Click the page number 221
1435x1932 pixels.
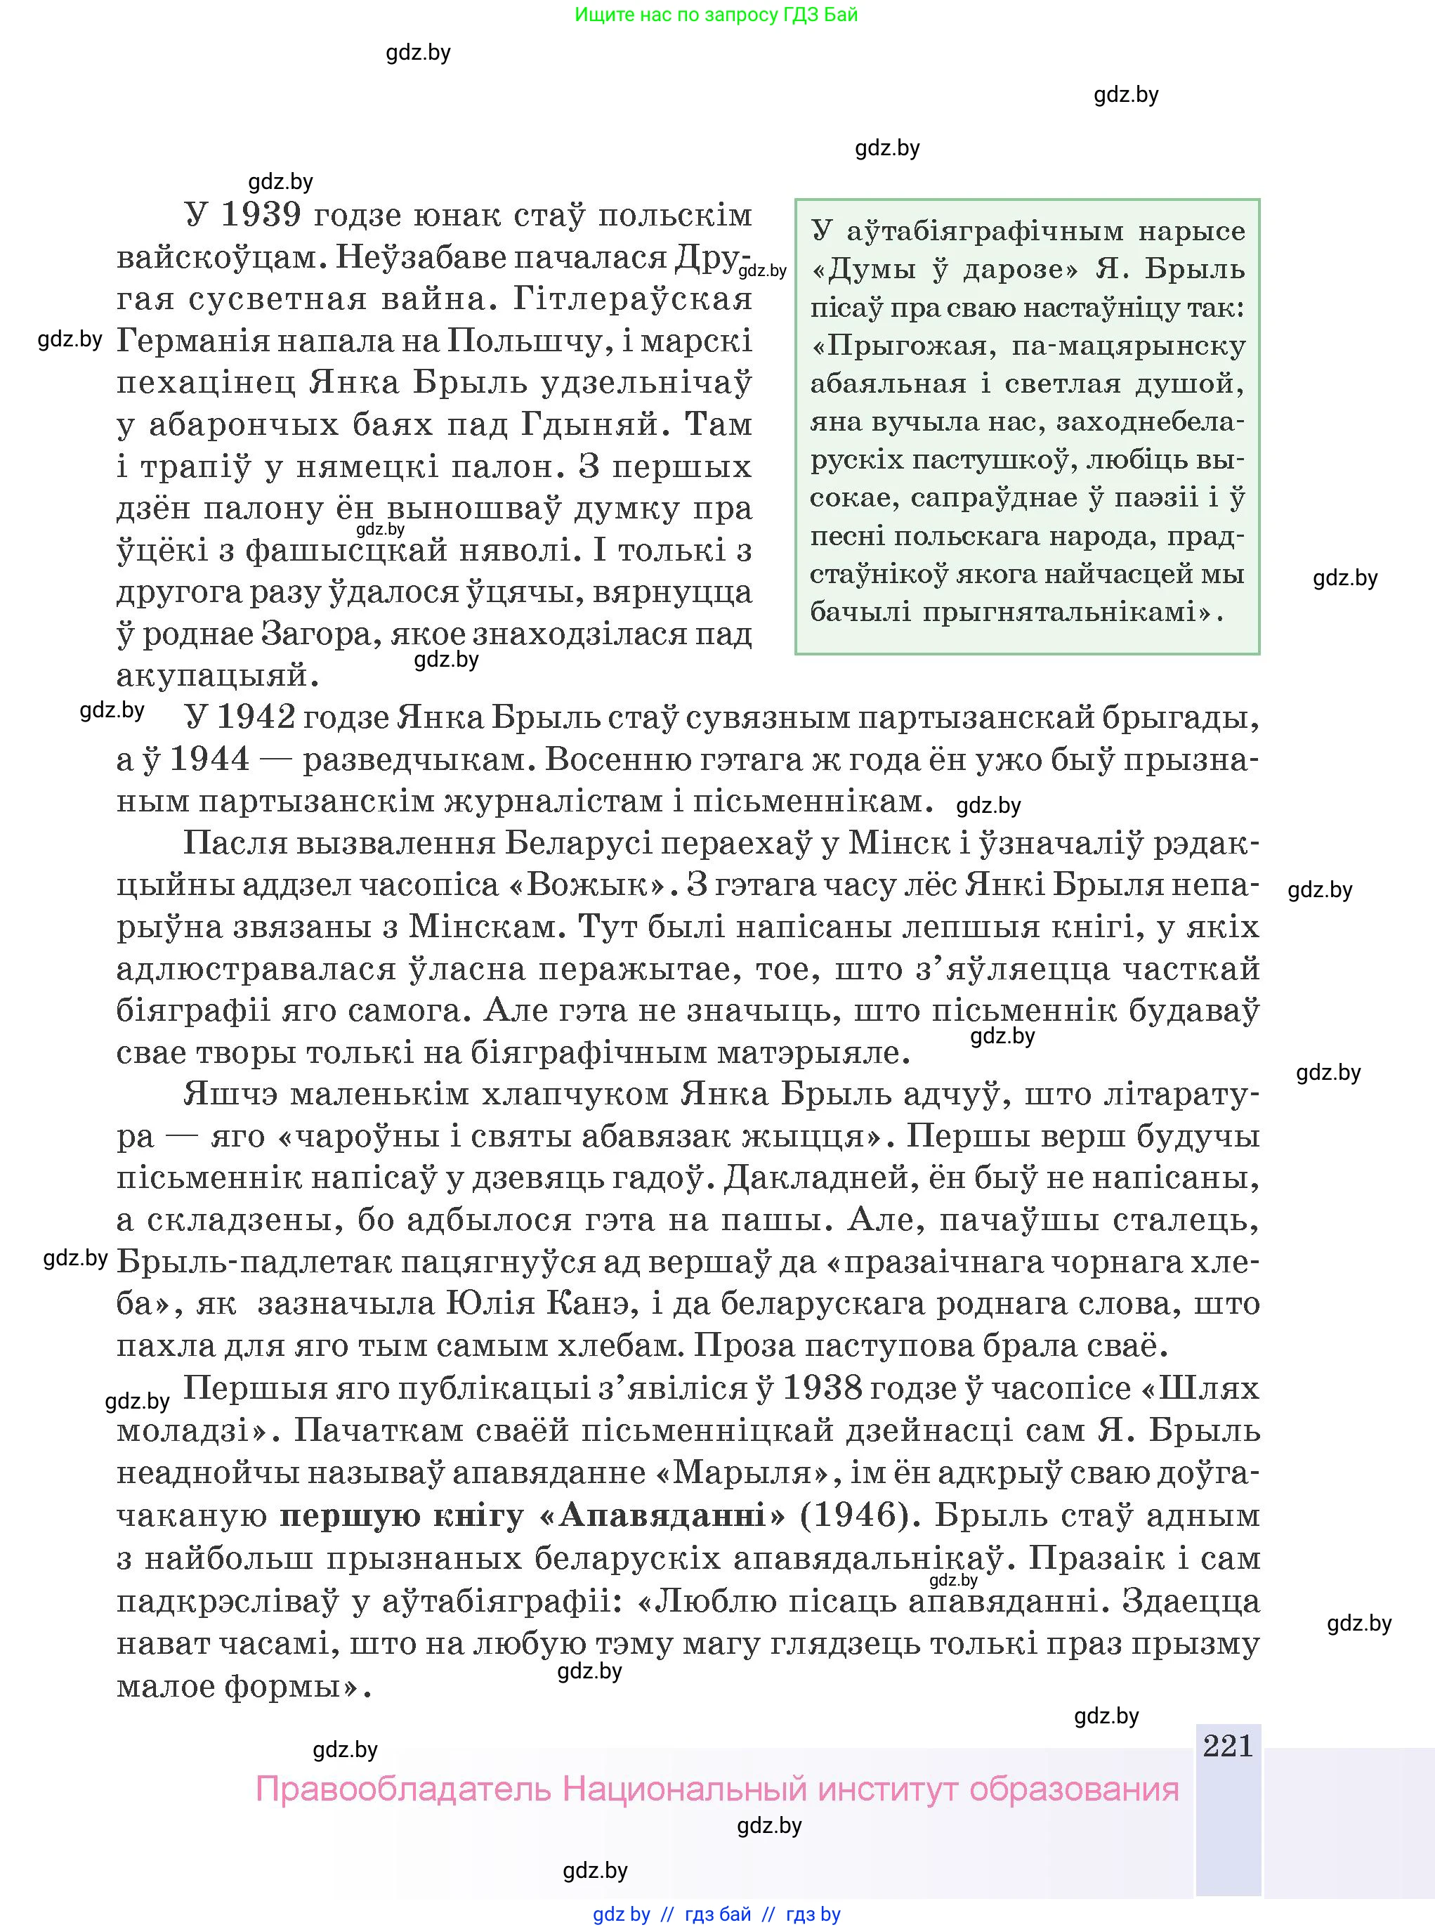[x=1227, y=1745]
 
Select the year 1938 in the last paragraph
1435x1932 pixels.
[x=825, y=1388]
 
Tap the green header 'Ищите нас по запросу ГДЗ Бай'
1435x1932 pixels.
[x=716, y=14]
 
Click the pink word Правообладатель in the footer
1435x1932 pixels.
[x=403, y=1789]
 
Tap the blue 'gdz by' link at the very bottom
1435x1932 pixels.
[x=621, y=1914]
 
